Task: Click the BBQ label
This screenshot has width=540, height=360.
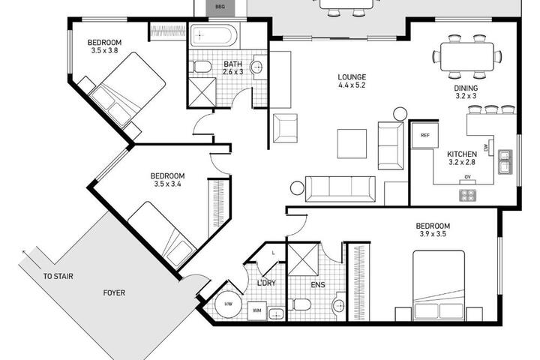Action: [220, 7]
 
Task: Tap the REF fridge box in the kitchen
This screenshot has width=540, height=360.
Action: [425, 136]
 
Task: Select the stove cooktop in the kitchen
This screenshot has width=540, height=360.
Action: [467, 195]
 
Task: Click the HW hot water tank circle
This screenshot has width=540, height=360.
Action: [228, 304]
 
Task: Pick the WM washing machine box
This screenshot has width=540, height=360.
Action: [257, 310]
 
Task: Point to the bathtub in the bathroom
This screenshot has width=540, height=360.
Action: [214, 35]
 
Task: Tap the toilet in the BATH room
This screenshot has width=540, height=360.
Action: [199, 66]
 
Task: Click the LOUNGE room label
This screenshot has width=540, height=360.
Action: [352, 77]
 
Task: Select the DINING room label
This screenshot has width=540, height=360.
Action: [466, 88]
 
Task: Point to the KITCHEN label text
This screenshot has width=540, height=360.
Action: [462, 154]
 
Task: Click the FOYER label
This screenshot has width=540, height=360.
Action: [114, 292]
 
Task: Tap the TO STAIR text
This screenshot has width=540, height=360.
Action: [58, 276]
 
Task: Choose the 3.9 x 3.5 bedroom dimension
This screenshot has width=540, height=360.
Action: [433, 234]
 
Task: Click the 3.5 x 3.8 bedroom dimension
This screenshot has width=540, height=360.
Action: [104, 51]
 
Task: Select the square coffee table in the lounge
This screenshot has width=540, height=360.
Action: [352, 144]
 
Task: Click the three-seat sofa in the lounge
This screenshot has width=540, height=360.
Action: [340, 189]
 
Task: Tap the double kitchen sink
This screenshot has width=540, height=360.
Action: [505, 162]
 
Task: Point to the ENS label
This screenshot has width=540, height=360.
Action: [318, 285]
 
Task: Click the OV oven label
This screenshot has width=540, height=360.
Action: [467, 177]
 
